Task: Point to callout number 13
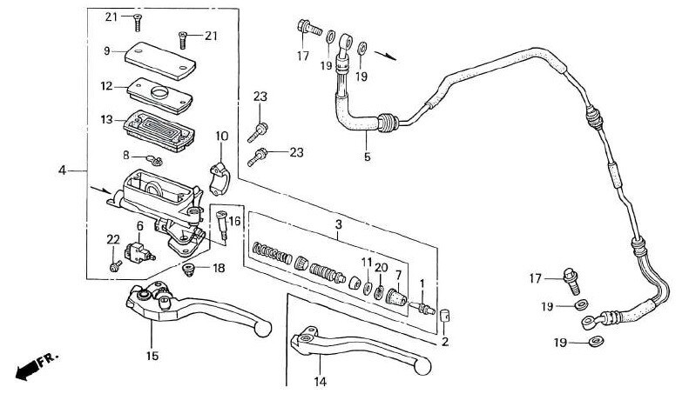coord(107,120)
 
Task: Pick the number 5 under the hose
coord(367,157)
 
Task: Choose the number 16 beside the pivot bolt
coord(234,221)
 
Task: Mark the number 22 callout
coord(112,240)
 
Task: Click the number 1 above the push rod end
coord(422,284)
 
